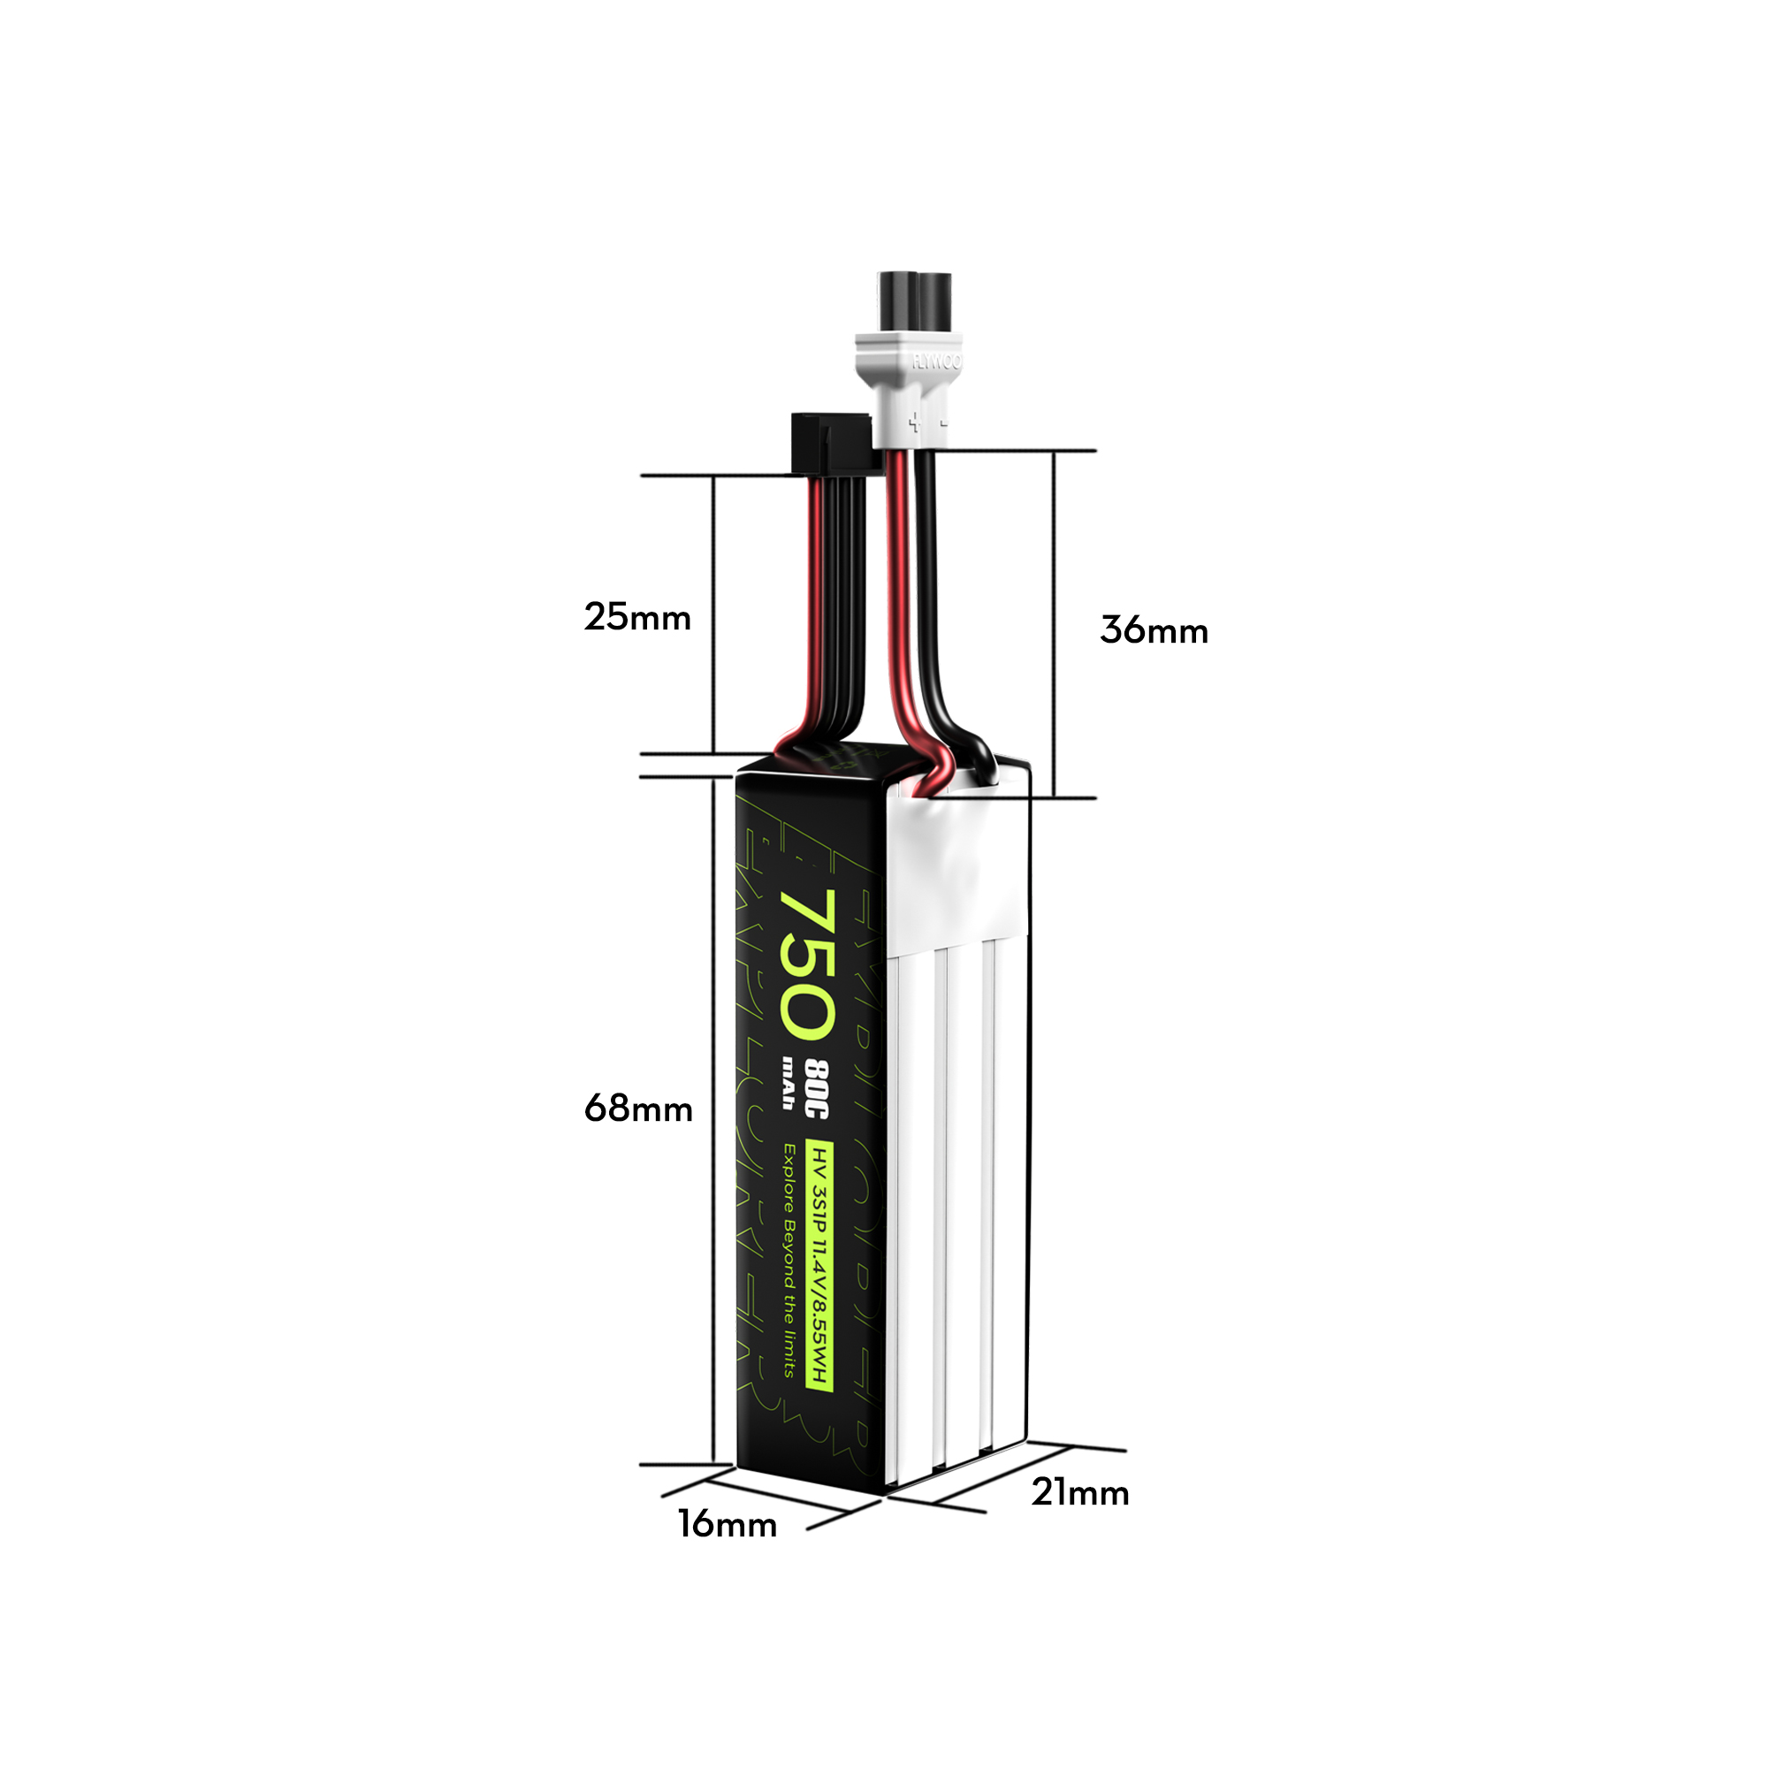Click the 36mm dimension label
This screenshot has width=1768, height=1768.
pos(1153,630)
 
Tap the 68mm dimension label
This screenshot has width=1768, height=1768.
pos(638,1109)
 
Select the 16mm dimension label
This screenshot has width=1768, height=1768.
pos(727,1525)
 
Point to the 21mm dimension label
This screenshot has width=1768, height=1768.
pos(1080,1492)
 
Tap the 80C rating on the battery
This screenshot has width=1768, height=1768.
pos(816,1089)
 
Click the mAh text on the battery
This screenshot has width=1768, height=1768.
pos(788,1084)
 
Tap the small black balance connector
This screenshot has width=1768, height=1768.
pos(829,443)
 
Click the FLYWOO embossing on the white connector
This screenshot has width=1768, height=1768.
pos(936,362)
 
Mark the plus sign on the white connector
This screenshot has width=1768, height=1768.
pos(913,422)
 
